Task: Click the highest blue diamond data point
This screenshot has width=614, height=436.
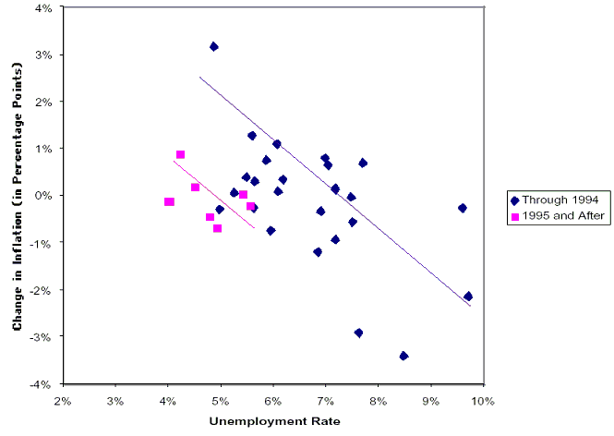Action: tap(213, 46)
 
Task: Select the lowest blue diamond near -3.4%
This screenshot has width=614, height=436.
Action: tap(403, 356)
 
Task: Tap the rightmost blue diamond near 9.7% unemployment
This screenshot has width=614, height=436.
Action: tap(468, 297)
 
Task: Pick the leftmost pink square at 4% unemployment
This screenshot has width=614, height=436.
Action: tap(169, 201)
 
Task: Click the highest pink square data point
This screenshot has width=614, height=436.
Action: tap(181, 154)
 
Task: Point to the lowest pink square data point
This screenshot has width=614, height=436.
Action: tap(217, 228)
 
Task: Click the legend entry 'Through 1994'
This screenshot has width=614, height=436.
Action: tap(559, 200)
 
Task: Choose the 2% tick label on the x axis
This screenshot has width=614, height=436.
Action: tap(63, 402)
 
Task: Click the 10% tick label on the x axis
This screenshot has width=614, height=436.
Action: tap(483, 402)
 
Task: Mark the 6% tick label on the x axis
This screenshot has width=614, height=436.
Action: tap(273, 402)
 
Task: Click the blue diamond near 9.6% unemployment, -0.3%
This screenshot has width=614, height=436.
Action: tap(462, 208)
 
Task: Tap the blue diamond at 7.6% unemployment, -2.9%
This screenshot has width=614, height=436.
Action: tap(358, 333)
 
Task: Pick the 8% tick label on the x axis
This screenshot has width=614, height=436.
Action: tap(379, 402)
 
